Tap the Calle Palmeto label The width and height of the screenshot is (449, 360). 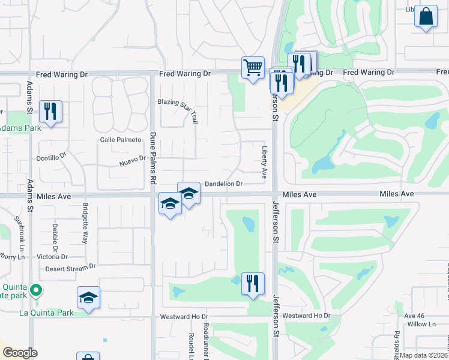point(119,140)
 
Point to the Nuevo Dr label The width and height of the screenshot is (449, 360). point(132,160)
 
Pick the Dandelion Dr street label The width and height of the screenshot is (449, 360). point(223,184)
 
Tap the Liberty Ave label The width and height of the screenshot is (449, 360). point(264,162)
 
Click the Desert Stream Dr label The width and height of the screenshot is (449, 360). point(70,268)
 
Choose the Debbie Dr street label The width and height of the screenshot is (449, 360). point(55,236)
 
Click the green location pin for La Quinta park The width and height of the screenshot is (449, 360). point(36,291)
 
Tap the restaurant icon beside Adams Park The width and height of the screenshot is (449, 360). point(50,111)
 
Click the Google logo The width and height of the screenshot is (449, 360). point(20,353)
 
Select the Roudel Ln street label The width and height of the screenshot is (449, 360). point(191,344)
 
